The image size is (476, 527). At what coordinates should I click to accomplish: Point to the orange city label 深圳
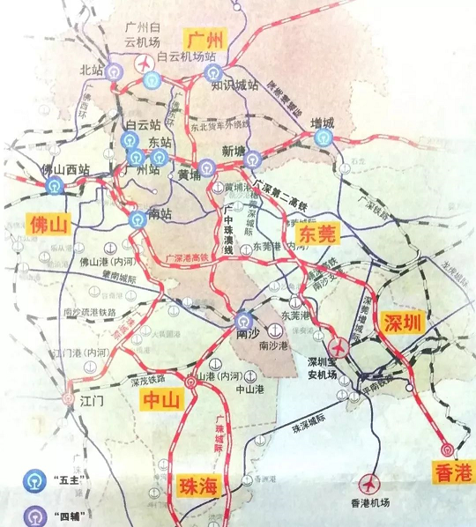pos(404,323)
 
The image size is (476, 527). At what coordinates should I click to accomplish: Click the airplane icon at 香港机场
pos(371,485)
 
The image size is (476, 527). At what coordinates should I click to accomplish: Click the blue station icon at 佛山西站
pos(56,186)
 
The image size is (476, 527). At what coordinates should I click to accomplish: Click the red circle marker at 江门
pos(69,398)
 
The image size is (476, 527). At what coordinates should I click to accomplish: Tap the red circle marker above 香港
pos(448,449)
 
